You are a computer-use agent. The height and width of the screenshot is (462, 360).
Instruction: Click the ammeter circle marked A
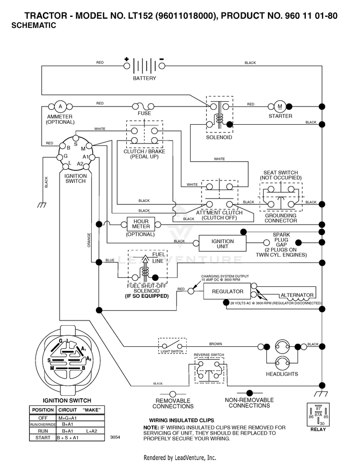point(60,107)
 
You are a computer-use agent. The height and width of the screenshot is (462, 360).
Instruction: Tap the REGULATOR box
point(228,291)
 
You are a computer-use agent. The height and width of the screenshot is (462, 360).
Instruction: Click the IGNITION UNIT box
point(223,243)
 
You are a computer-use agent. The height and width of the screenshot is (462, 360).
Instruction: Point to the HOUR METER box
point(141,224)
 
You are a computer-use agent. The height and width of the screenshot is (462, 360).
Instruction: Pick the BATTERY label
point(144,78)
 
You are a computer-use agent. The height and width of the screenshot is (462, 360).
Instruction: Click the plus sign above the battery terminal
point(127,59)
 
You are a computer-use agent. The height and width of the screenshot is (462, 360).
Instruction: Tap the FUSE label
point(144,113)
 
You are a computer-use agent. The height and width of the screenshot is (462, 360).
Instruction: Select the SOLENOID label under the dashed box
point(219,137)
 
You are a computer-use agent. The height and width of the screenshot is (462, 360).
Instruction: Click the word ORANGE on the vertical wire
point(89,240)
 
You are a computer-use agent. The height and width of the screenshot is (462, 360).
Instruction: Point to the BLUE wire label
point(110,260)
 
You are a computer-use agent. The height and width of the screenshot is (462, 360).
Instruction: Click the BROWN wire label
point(216,344)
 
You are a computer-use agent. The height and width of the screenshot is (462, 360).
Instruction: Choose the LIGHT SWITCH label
point(172,352)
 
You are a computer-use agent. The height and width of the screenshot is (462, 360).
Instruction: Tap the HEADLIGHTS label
point(282,374)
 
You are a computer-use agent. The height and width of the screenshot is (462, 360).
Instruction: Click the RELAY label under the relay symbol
point(318,429)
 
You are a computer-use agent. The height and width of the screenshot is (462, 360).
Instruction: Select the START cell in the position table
point(43,438)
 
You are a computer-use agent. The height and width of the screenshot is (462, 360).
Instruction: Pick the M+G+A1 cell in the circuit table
point(68,418)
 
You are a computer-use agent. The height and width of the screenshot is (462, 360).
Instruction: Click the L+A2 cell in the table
point(91,431)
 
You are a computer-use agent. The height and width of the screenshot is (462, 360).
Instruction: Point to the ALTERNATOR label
point(297,295)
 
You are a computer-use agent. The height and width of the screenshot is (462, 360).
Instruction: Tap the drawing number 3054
point(115,437)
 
